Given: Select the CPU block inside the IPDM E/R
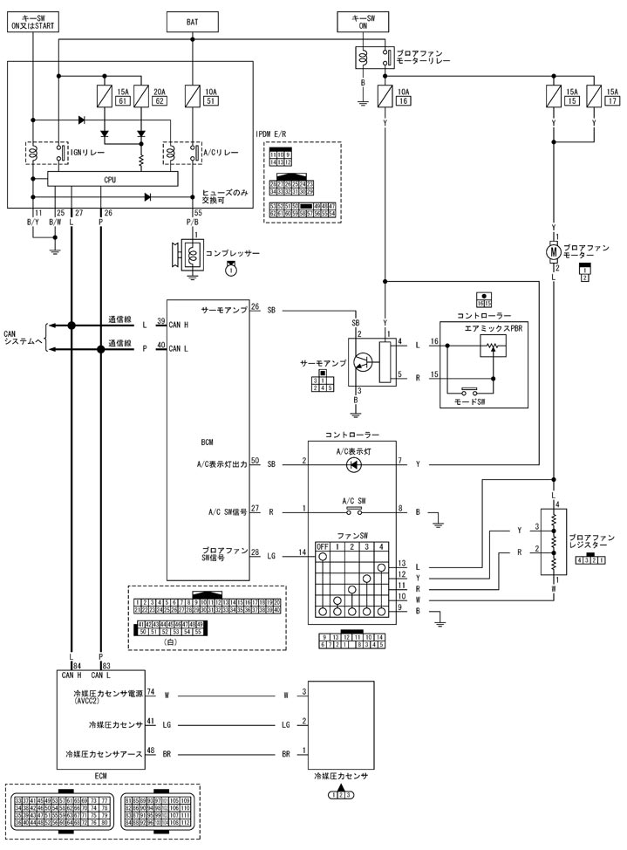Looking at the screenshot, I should tap(110, 179).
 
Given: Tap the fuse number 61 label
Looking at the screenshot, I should tap(123, 102).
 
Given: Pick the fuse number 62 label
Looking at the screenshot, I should tap(160, 102).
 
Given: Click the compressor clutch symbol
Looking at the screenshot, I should tap(191, 253).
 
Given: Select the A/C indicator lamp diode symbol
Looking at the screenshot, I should tap(353, 464).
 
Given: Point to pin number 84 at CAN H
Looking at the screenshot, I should tap(76, 666).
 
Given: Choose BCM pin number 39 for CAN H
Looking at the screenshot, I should tap(160, 322).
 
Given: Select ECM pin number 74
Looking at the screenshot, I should tap(151, 692).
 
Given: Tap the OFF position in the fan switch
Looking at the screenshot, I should tap(323, 547).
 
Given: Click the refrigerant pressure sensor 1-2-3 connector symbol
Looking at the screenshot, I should tap(340, 795).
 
